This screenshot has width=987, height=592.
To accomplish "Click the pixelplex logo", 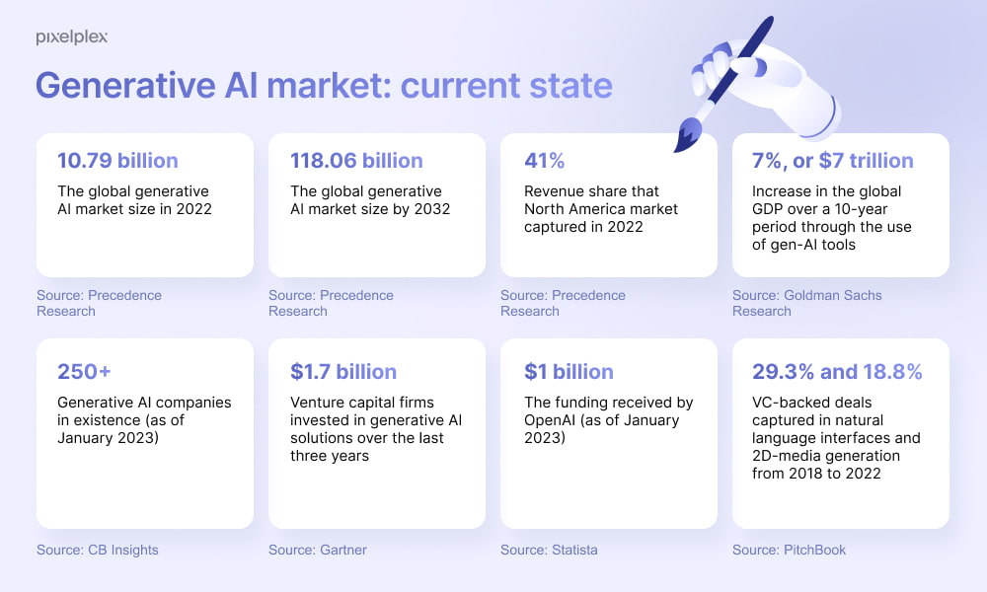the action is tap(72, 37).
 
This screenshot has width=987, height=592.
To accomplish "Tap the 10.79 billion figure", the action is tap(117, 161).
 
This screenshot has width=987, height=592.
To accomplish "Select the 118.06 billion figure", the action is tap(356, 161).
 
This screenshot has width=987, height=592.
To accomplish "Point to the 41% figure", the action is tap(545, 161).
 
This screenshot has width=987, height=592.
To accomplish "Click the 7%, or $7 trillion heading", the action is tap(833, 161).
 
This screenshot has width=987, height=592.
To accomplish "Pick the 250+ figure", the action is tap(84, 371).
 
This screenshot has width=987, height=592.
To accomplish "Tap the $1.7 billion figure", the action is tap(343, 371).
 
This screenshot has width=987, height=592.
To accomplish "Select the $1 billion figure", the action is tap(569, 371).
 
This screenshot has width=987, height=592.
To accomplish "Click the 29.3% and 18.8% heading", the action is tap(837, 371).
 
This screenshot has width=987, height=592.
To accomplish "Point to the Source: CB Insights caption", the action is tap(98, 550).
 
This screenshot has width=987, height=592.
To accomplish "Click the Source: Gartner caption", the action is tap(318, 550).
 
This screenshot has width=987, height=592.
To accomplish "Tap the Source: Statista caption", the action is tap(549, 550).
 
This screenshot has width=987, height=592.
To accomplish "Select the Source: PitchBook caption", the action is tap(790, 550).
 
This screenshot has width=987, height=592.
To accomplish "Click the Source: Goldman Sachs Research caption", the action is tap(807, 303).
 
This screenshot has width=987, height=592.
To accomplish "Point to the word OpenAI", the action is tap(550, 420).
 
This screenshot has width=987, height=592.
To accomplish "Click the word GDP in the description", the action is tap(768, 209).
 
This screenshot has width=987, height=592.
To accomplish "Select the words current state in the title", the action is tap(506, 86).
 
